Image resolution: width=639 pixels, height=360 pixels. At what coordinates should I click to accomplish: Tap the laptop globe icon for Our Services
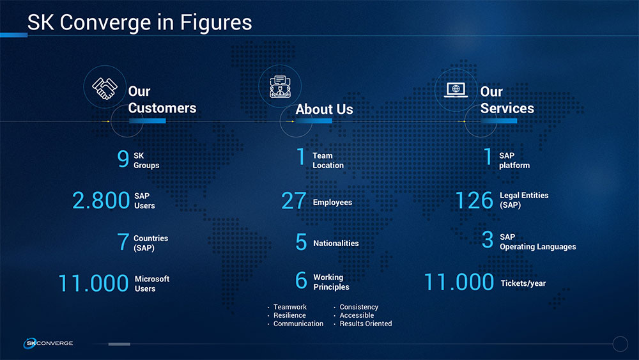(456, 90)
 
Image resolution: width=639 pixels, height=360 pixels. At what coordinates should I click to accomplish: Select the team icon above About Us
(280, 86)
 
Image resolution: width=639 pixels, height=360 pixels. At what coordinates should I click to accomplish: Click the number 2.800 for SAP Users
(101, 200)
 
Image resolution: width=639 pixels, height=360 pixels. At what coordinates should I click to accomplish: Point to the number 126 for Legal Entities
(474, 200)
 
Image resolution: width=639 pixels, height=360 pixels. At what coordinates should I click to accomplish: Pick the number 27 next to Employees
(293, 201)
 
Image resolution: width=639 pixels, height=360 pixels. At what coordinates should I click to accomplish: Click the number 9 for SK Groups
(123, 159)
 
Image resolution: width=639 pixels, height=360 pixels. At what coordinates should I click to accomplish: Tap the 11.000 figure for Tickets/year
(459, 282)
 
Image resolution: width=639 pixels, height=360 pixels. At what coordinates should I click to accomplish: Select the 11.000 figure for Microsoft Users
(93, 283)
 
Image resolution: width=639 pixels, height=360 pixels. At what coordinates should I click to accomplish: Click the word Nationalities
(336, 244)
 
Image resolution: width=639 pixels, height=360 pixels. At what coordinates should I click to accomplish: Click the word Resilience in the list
(289, 315)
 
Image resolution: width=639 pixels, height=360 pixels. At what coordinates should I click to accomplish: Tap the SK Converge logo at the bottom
(48, 343)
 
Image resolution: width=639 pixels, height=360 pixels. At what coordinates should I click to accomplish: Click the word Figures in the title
(216, 23)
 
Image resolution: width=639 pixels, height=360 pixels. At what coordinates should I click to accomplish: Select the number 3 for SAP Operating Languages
(488, 240)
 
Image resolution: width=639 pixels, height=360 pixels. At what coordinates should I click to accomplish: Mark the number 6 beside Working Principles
(301, 281)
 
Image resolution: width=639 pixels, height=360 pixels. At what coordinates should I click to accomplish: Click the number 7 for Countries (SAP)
(123, 242)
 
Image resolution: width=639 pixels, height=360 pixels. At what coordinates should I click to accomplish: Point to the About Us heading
(324, 109)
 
